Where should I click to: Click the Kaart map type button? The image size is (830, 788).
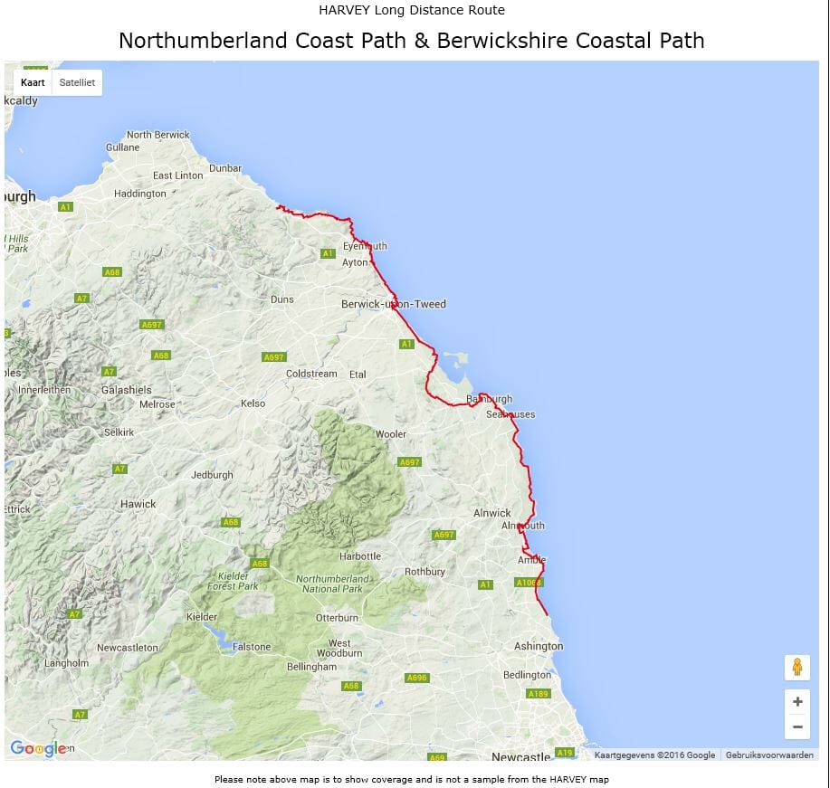point(33,82)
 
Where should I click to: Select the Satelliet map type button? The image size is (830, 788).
point(77,82)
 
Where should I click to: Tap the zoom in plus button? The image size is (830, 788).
point(797,701)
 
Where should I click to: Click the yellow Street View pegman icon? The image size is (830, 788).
point(797,668)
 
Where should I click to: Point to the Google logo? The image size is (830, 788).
point(38,748)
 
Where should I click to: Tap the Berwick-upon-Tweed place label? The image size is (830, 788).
point(394,304)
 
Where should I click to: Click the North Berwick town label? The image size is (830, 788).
point(158,135)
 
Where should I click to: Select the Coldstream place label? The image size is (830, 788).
point(311,374)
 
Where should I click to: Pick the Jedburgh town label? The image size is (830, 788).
point(212,475)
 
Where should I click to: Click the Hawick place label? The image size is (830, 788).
point(138,504)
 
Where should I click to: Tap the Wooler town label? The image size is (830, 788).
point(391,434)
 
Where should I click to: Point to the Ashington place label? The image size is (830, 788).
point(539,646)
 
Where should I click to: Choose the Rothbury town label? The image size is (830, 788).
point(425,572)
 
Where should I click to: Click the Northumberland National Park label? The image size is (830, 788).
point(332,584)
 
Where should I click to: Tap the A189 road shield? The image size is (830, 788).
point(539,694)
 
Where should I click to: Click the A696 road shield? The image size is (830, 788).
point(416,678)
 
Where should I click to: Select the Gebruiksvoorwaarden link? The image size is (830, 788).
point(769,755)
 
